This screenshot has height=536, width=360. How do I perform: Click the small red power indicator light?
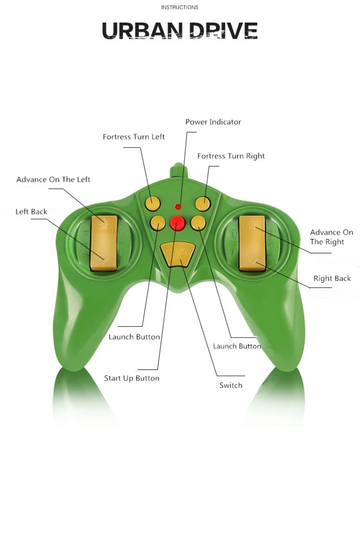pyautogui.click(x=178, y=207)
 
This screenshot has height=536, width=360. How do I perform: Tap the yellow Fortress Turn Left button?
pyautogui.click(x=153, y=204)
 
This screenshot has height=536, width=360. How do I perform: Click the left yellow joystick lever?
pyautogui.click(x=104, y=243)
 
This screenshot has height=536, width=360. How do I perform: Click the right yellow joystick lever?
pyautogui.click(x=252, y=243)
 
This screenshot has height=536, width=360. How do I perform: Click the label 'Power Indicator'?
pyautogui.click(x=213, y=122)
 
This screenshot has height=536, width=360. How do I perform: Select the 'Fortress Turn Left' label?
pyautogui.click(x=134, y=137)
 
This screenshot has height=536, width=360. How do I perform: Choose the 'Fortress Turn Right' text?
pyautogui.click(x=231, y=156)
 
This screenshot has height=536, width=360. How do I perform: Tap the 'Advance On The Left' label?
pyautogui.click(x=53, y=180)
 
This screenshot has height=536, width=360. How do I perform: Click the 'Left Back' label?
pyautogui.click(x=31, y=212)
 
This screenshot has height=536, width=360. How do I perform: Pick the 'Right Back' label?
pyautogui.click(x=332, y=279)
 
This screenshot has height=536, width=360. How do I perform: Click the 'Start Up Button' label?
pyautogui.click(x=132, y=378)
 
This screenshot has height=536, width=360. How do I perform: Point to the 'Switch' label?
pyautogui.click(x=231, y=385)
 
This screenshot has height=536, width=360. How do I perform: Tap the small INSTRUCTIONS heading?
pyautogui.click(x=180, y=7)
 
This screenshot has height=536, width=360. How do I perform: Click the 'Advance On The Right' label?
pyautogui.click(x=332, y=237)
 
